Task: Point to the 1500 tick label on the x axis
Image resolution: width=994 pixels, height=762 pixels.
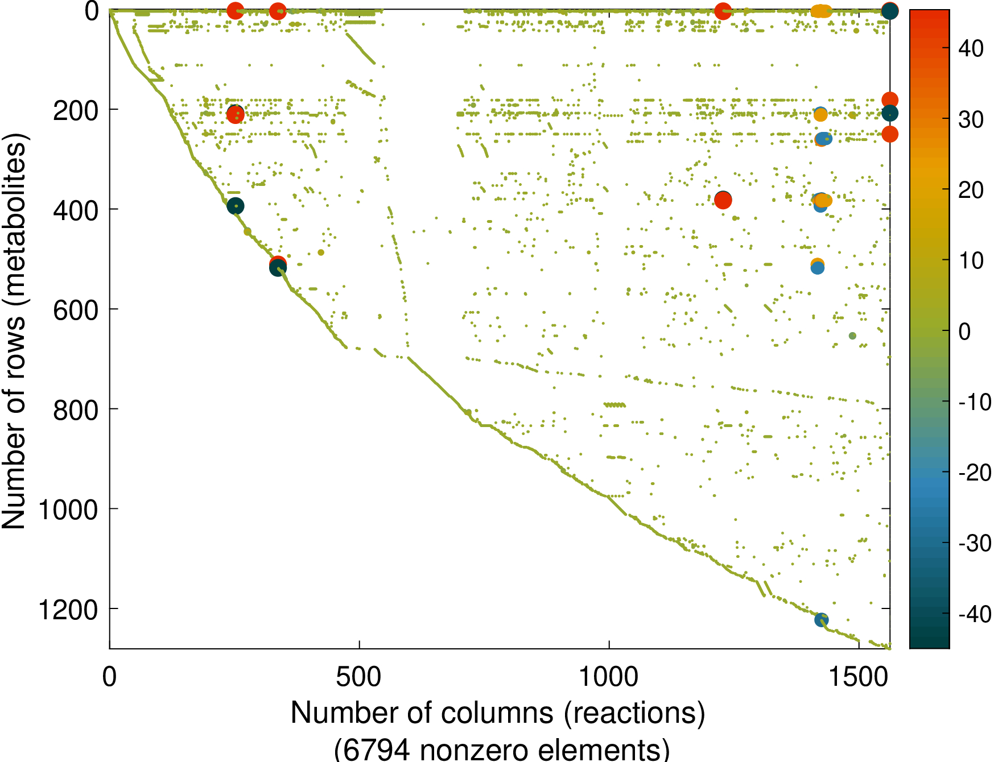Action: [858, 677]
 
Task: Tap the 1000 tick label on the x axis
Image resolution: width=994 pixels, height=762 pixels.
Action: [608, 677]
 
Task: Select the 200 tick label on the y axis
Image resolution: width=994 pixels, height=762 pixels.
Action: [76, 110]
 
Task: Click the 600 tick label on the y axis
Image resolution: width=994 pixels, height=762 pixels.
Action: [76, 310]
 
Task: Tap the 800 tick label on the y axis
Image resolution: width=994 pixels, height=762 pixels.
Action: [76, 410]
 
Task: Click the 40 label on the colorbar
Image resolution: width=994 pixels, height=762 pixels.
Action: [971, 48]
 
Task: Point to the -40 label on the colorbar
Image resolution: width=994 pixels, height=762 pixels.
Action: [974, 614]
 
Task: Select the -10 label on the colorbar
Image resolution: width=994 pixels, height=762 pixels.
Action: [974, 402]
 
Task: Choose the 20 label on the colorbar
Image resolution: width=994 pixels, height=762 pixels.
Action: [971, 190]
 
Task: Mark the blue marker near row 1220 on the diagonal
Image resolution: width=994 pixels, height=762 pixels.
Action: [821, 620]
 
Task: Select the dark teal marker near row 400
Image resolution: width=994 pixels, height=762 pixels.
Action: [236, 206]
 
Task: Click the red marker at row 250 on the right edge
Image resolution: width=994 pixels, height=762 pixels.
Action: [890, 134]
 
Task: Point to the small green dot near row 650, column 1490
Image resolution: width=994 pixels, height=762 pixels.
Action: [852, 336]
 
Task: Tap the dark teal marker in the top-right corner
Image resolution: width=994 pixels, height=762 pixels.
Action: [890, 11]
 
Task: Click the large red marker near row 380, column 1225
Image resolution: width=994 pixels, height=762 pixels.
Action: [723, 200]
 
